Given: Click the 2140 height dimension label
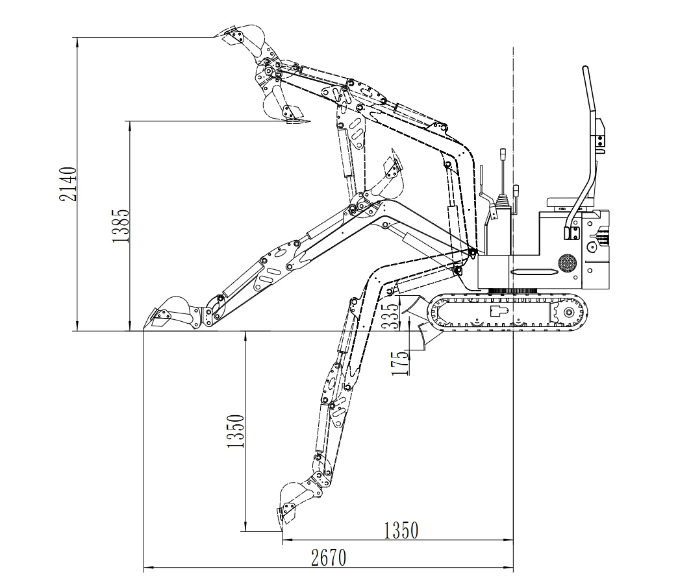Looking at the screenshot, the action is pyautogui.click(x=68, y=184).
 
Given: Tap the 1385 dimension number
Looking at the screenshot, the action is pyautogui.click(x=121, y=225).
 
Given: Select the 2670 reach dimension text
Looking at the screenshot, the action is pyautogui.click(x=329, y=558).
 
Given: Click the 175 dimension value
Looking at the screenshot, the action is pyautogui.click(x=399, y=363).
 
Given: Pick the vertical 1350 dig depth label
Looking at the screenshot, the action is pyautogui.click(x=236, y=431).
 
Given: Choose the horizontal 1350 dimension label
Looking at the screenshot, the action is pyautogui.click(x=401, y=530).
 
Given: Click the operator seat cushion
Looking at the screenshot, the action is pyautogui.click(x=566, y=202).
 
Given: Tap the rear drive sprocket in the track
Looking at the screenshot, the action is pyautogui.click(x=567, y=312).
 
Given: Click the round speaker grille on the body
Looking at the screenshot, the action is pyautogui.click(x=568, y=263).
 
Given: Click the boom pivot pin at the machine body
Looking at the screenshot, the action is pyautogui.click(x=472, y=251).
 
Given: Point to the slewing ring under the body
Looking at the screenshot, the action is pyautogui.click(x=513, y=291).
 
